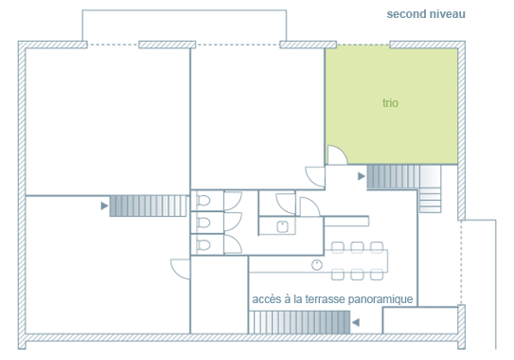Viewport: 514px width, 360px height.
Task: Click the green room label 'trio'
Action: tap(390, 103)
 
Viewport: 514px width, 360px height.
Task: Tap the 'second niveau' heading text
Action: tap(426, 14)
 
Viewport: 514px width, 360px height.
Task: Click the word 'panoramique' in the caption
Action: tap(381, 299)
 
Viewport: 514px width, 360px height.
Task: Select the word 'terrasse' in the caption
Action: tap(325, 299)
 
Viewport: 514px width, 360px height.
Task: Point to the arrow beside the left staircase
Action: tap(104, 206)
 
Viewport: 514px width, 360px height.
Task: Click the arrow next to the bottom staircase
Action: tap(356, 323)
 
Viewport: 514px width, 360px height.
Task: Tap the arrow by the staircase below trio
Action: tap(362, 176)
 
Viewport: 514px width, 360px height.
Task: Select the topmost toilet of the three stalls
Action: tap(204, 201)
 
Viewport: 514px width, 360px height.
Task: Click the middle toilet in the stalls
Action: tap(204, 223)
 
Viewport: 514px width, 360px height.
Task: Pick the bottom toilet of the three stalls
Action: tap(204, 244)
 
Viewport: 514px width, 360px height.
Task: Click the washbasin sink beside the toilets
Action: tap(283, 226)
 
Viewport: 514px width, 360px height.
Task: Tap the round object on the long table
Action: tap(317, 264)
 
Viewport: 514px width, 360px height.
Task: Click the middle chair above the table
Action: tap(357, 247)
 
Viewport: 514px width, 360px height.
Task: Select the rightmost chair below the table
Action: tap(377, 275)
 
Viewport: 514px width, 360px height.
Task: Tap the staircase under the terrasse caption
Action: tap(299, 322)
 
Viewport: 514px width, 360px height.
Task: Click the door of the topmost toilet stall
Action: tap(234, 201)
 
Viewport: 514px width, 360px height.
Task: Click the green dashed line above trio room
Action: tap(363, 45)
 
